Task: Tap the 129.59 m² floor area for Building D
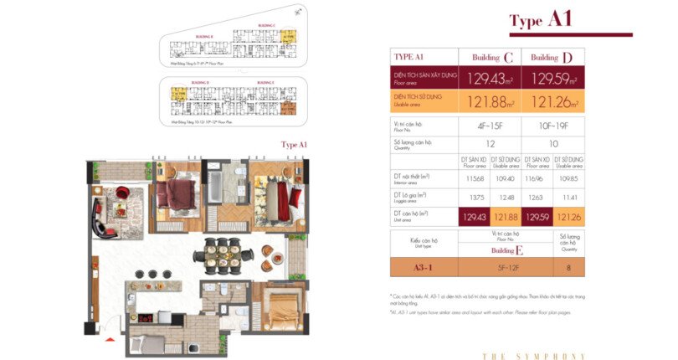552,79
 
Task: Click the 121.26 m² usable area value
552,102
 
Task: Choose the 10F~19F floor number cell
552,127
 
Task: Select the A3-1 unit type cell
423,268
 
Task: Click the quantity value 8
569,268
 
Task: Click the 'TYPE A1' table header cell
423,57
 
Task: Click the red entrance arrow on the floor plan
107,339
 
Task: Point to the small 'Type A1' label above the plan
294,144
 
